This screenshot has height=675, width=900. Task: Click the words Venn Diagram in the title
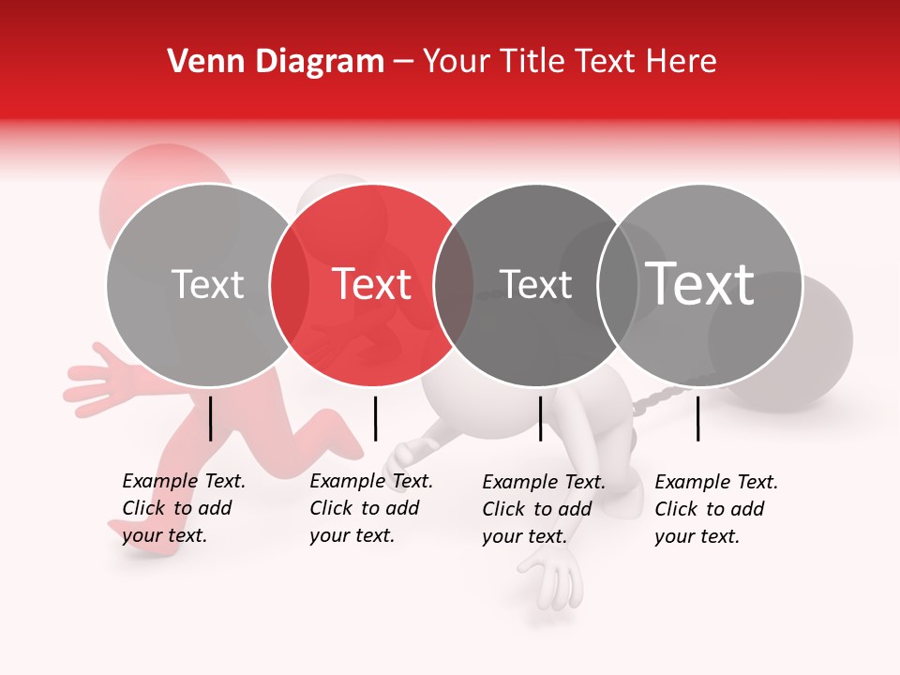pyautogui.click(x=276, y=62)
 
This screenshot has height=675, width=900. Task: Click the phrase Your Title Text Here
pyautogui.click(x=569, y=62)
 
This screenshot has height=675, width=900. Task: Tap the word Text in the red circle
pyautogui.click(x=372, y=284)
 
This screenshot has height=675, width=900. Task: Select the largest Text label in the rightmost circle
pyautogui.click(x=700, y=283)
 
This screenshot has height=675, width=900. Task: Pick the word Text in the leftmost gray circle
pyautogui.click(x=207, y=284)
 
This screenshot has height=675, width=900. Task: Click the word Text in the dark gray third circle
pyautogui.click(x=535, y=284)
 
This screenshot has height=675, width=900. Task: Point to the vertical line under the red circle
pyautogui.click(x=375, y=418)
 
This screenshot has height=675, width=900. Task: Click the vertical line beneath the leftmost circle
pyautogui.click(x=210, y=418)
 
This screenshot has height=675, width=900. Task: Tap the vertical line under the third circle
pyautogui.click(x=540, y=418)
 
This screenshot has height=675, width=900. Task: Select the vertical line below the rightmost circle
pyautogui.click(x=698, y=418)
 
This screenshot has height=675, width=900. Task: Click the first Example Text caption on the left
pyautogui.click(x=183, y=508)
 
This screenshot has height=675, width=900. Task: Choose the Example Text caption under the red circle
pyautogui.click(x=370, y=508)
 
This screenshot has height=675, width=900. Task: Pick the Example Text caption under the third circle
pyautogui.click(x=543, y=509)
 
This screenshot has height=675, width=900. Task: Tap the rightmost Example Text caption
pyautogui.click(x=715, y=509)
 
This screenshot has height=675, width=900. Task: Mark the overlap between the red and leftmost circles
pyautogui.click(x=290, y=285)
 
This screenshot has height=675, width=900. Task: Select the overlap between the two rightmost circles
pyautogui.click(x=618, y=285)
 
